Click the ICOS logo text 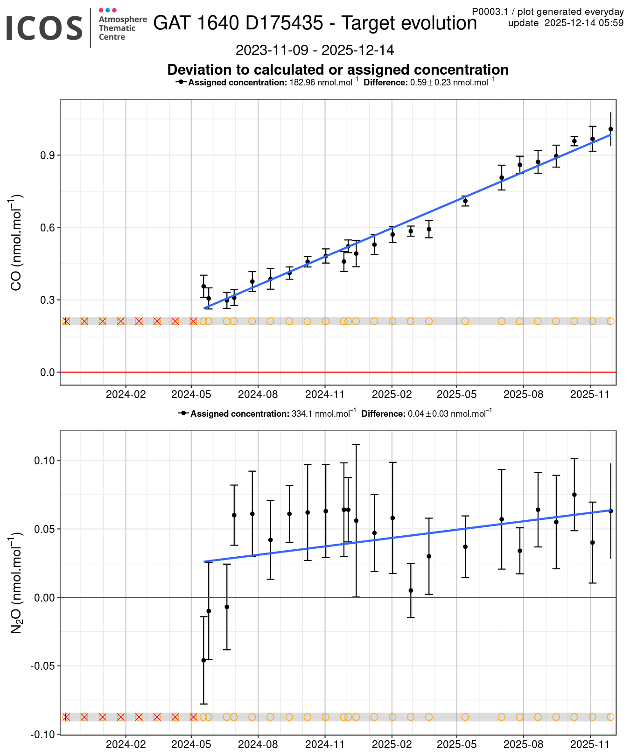pos(44,28)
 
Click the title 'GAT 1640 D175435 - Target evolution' pos(315,23)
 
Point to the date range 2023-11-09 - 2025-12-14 pos(315,50)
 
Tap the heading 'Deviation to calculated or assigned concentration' pos(338,70)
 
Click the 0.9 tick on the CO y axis pos(49,155)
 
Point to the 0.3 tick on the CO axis pos(49,300)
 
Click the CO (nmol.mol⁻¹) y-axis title pos(16,243)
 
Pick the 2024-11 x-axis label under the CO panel pos(325,394)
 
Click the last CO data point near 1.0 pos(610,129)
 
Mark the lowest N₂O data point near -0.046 pos(203,660)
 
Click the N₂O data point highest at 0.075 pos(574,495)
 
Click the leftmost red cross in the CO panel pos(66,321)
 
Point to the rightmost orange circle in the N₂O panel pos(610,717)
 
